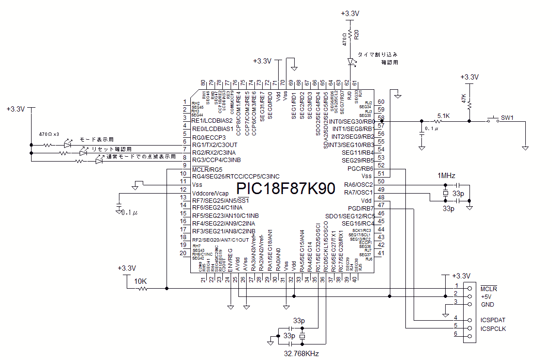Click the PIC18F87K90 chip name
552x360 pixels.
pos(285,189)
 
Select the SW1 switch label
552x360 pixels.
pos(507,118)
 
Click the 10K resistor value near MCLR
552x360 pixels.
pos(140,281)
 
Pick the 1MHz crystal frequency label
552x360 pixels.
pos(446,175)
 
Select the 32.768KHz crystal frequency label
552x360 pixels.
pos(301,354)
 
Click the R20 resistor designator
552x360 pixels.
pos(357,34)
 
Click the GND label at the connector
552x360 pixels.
pos(487,304)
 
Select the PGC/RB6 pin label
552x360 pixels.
pos(360,168)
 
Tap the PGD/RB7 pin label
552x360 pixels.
pos(360,208)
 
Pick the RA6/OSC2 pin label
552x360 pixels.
pos(359,184)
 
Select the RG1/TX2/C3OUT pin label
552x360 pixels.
pos(215,145)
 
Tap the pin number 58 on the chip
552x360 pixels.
pos(381,117)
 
